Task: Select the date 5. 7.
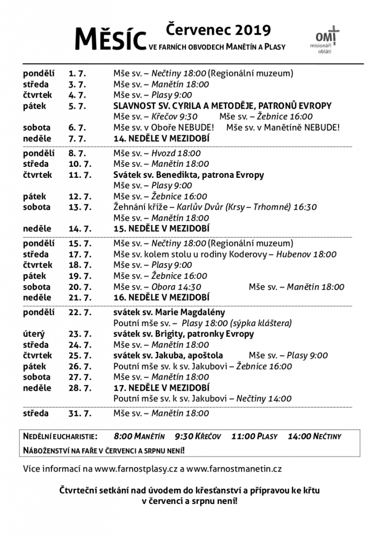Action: (x=78, y=106)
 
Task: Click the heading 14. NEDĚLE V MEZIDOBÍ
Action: (x=161, y=138)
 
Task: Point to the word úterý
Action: (x=34, y=334)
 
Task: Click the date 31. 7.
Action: (x=80, y=413)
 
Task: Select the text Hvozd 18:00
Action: (x=176, y=153)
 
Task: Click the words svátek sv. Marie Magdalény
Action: (x=169, y=313)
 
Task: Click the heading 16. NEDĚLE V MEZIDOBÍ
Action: (x=161, y=297)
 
